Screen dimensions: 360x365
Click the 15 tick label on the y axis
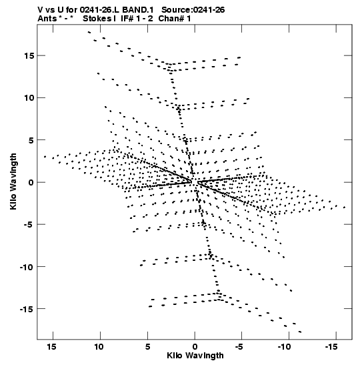[x=29, y=56]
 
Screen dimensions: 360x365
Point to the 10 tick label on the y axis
[x=29, y=98]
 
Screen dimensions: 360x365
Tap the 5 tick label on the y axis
[x=31, y=140]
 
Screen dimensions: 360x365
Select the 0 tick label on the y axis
[x=31, y=182]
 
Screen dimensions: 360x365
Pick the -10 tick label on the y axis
[x=27, y=266]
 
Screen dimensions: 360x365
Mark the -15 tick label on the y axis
[x=27, y=309]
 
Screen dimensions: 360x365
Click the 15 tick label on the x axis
[x=51, y=347]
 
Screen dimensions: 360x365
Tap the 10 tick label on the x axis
[x=99, y=347]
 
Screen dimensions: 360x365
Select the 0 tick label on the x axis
[x=195, y=347]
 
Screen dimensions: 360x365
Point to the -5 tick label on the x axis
[x=239, y=347]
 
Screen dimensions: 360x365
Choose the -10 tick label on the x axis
[x=284, y=347]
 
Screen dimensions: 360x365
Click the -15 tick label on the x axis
[x=331, y=347]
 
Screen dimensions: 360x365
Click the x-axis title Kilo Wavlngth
[x=195, y=356]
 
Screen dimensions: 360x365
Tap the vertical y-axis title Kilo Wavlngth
[x=13, y=181]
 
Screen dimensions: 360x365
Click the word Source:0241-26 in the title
[x=193, y=10]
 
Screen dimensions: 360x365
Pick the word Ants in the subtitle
[x=47, y=19]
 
